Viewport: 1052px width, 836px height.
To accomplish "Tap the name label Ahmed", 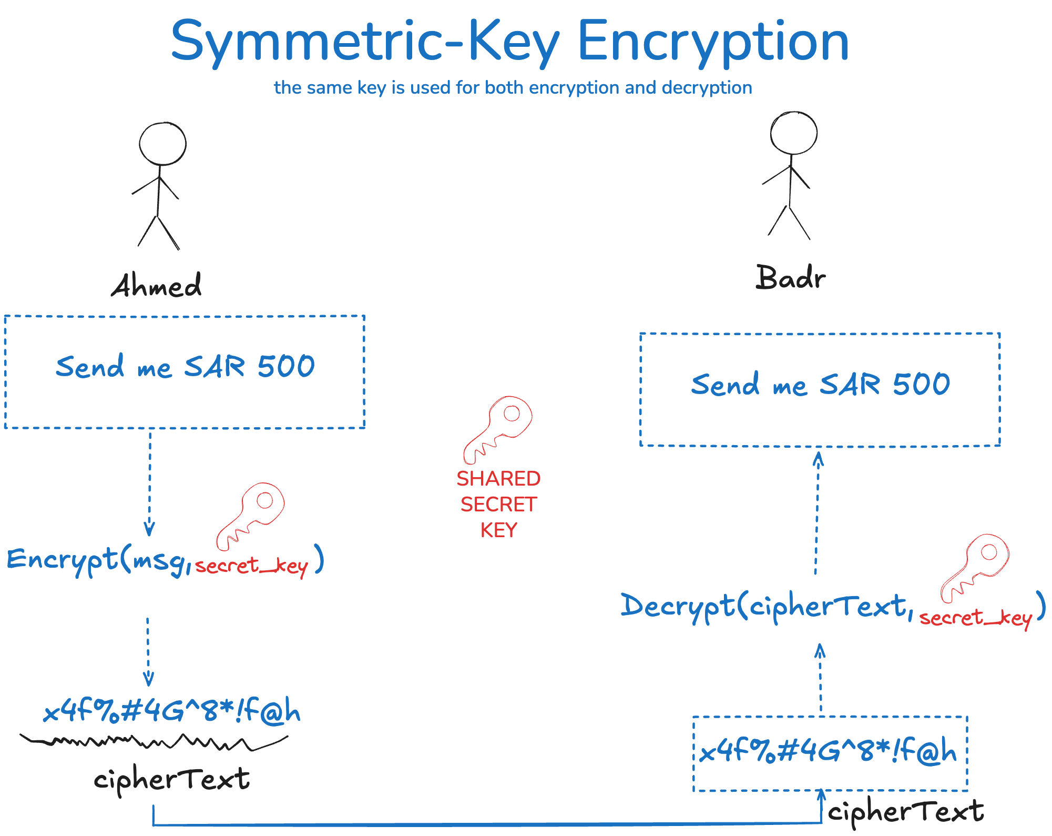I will point(156,286).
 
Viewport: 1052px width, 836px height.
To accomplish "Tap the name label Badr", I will point(790,277).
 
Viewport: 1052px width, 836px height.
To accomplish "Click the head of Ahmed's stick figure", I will point(162,144).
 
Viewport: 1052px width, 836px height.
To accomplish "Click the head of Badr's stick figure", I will point(794,133).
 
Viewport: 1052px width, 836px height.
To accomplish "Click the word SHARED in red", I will point(498,479).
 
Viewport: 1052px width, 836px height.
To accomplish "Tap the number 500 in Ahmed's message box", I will point(286,366).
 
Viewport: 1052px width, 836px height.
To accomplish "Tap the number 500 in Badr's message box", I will point(922,384).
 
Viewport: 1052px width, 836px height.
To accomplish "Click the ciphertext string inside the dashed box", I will point(829,751).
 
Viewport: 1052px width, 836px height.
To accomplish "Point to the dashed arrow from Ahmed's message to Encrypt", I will point(150,481).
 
